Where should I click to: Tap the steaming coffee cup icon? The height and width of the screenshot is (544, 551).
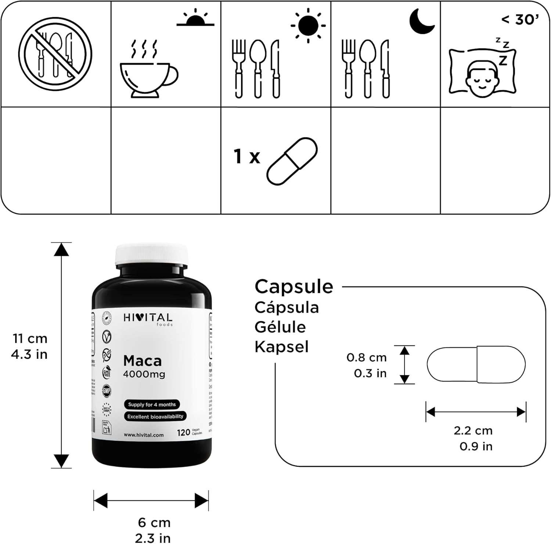pyautogui.click(x=148, y=73)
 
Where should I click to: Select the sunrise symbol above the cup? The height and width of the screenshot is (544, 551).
pyautogui.click(x=195, y=18)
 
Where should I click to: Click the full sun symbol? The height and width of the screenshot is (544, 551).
pyautogui.click(x=308, y=25)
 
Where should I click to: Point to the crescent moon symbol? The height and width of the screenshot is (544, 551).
pyautogui.click(x=422, y=21)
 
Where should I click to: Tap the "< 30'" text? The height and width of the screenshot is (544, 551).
pyautogui.click(x=520, y=19)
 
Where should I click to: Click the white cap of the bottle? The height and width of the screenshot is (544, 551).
pyautogui.click(x=152, y=255)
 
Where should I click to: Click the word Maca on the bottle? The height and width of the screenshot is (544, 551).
pyautogui.click(x=143, y=361)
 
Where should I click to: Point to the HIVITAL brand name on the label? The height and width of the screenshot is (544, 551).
pyautogui.click(x=148, y=318)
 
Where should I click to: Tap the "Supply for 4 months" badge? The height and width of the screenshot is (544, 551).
pyautogui.click(x=152, y=404)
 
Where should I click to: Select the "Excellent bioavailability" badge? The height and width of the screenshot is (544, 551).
pyautogui.click(x=155, y=417)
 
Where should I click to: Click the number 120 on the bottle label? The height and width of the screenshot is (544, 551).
pyautogui.click(x=183, y=433)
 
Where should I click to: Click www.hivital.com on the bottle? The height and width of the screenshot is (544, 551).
pyautogui.click(x=144, y=435)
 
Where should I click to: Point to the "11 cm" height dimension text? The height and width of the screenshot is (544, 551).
pyautogui.click(x=30, y=338)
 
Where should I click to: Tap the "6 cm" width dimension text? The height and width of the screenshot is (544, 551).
pyautogui.click(x=154, y=522)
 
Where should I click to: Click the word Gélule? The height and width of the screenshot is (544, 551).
pyautogui.click(x=280, y=327)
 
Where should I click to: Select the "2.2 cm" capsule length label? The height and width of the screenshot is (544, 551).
pyautogui.click(x=473, y=430)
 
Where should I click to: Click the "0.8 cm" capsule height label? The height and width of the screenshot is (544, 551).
pyautogui.click(x=367, y=357)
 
